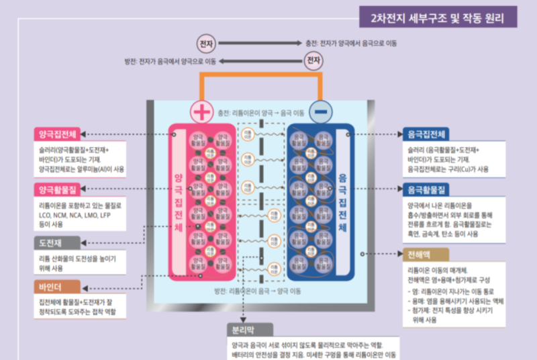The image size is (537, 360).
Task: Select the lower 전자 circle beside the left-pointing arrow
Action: coord(313,61)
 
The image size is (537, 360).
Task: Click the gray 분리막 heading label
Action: coord(250,330)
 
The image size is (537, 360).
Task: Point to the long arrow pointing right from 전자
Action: coord(258,43)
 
